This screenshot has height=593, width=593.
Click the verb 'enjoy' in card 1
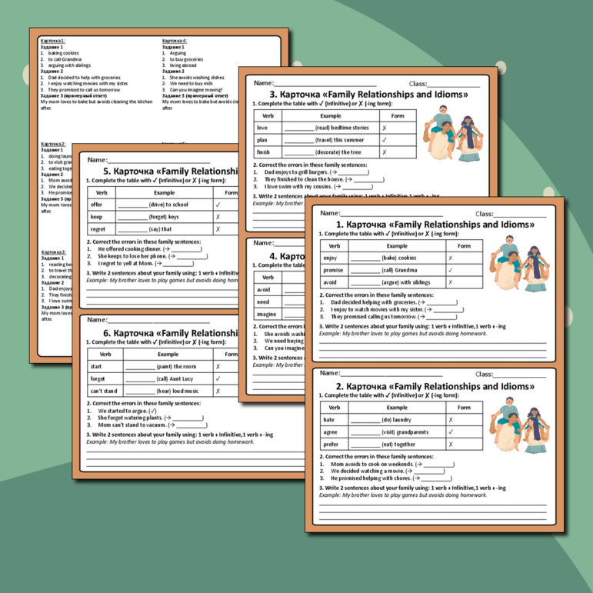click(331, 258)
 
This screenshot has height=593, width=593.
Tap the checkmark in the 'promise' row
click(450, 270)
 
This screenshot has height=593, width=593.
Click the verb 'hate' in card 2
click(330, 420)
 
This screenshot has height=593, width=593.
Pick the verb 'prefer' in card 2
click(331, 444)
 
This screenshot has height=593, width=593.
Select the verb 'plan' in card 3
click(263, 140)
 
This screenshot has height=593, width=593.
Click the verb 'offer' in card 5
click(96, 205)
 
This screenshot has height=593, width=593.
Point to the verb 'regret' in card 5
click(98, 228)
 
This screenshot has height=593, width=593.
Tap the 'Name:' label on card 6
click(97, 319)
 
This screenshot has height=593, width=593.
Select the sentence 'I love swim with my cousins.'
click(303, 186)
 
